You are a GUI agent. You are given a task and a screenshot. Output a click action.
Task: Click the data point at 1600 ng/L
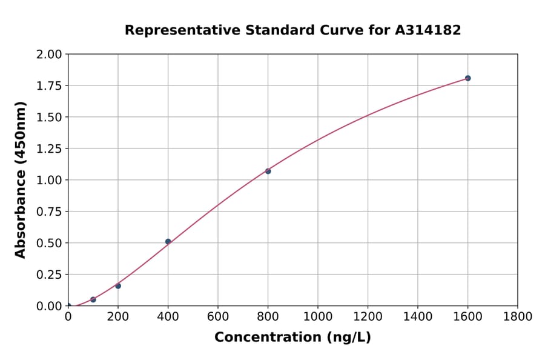pos(467,78)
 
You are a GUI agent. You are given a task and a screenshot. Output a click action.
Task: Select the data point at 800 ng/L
pos(268,171)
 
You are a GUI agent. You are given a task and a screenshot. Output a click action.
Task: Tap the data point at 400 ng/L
pos(168,241)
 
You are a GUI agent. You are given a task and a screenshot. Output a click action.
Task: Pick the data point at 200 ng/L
pos(118,285)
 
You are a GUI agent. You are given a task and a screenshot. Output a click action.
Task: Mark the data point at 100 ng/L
pos(93,299)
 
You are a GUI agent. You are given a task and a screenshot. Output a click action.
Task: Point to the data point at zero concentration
pos(68,305)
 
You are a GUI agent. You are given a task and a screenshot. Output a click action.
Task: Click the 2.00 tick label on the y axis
pos(48,55)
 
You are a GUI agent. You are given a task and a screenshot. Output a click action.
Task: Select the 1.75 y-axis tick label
pos(48,85)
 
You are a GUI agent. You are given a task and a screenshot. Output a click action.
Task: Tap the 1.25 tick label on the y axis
pos(48,148)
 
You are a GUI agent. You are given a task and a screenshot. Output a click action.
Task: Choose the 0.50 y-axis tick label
pos(48,243)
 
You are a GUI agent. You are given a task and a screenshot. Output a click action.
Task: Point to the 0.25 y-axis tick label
pos(48,275)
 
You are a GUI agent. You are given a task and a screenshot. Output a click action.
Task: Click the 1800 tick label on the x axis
pos(517,316)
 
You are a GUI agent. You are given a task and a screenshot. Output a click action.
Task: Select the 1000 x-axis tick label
pos(317,316)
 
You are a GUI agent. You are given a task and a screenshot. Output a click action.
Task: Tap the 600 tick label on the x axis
pos(217,316)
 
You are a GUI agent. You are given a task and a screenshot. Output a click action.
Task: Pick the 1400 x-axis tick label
pos(417,316)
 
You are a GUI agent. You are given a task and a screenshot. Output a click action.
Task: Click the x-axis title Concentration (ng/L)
pos(292,337)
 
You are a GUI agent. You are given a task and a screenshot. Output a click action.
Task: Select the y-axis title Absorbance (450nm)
pos(21,180)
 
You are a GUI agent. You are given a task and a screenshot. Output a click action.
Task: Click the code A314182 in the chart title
pos(428,30)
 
